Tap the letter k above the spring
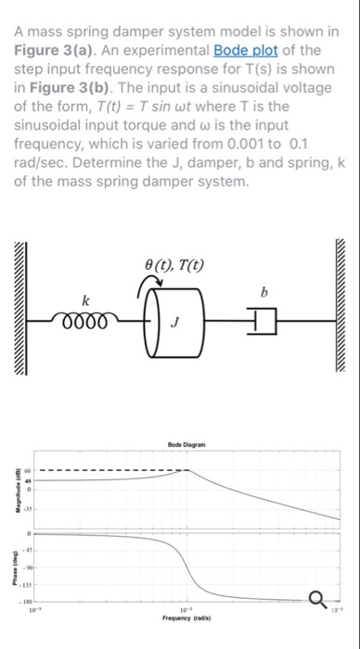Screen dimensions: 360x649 coord(86,300)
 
